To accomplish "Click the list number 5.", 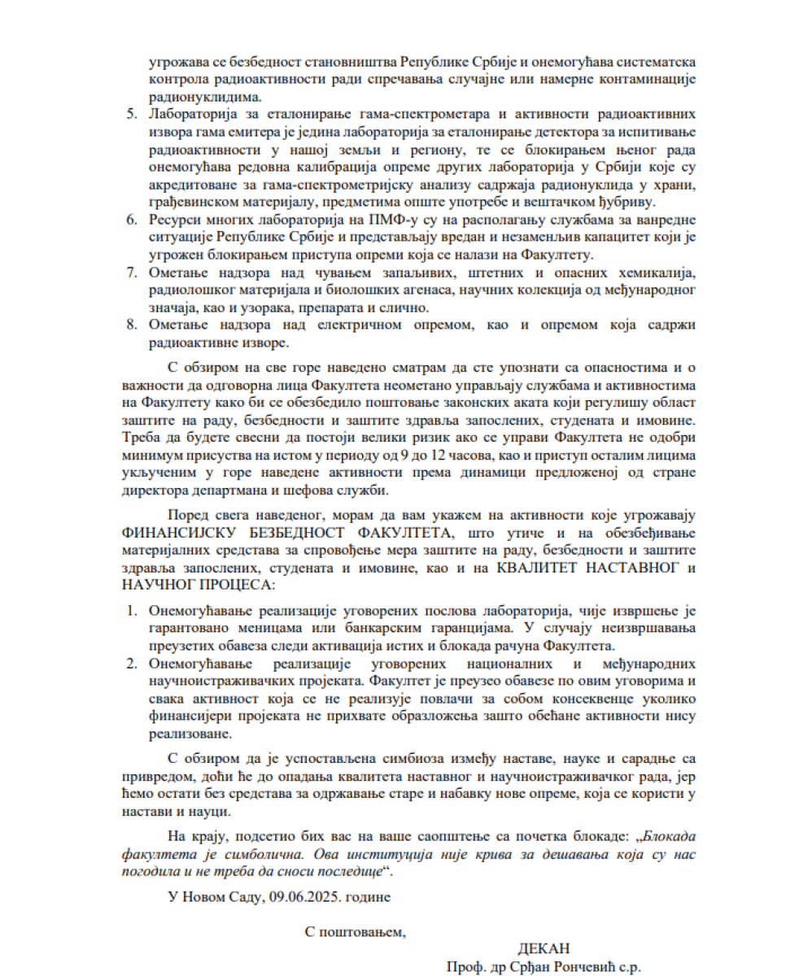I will [x=131, y=113].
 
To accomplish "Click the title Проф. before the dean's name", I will [x=465, y=967].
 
